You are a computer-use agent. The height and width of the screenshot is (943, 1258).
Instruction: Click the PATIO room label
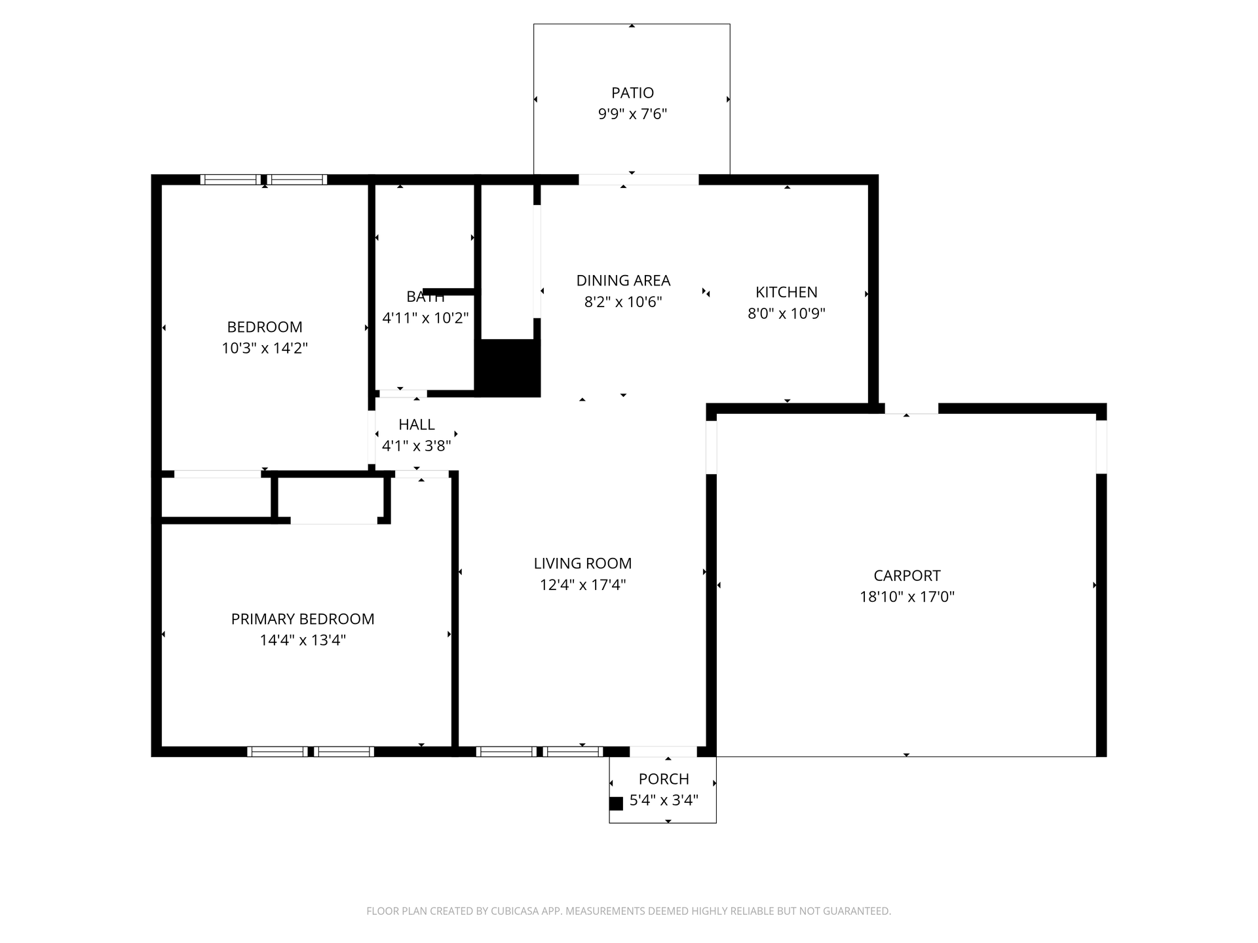(x=632, y=93)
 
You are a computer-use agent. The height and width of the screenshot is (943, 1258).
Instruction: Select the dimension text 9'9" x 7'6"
(x=632, y=114)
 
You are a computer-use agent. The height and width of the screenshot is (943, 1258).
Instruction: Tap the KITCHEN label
(x=786, y=292)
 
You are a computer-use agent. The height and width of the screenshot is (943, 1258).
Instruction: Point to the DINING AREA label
(x=623, y=280)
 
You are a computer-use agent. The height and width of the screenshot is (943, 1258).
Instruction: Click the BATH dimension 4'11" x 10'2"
(x=425, y=318)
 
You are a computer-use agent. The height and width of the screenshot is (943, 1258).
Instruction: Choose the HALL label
(x=417, y=424)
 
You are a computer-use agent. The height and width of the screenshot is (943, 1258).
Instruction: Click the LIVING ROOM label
(x=582, y=563)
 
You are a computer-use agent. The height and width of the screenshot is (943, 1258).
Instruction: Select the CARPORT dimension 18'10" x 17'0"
(x=907, y=597)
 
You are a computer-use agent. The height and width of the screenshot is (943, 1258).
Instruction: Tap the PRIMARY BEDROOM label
(x=303, y=619)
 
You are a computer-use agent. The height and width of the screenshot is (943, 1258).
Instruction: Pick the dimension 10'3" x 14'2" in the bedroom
(x=265, y=348)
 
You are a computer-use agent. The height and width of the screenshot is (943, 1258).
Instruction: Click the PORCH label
(x=664, y=779)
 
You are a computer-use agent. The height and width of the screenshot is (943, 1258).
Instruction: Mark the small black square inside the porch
(x=616, y=804)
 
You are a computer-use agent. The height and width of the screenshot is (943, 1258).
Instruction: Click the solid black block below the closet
(x=508, y=368)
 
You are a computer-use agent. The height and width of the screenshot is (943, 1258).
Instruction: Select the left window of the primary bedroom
(x=278, y=751)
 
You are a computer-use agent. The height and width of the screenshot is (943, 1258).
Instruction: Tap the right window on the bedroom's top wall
(x=297, y=179)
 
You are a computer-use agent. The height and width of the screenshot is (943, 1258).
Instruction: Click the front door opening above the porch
(x=662, y=751)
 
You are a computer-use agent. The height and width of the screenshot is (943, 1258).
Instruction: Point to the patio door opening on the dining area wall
(x=638, y=179)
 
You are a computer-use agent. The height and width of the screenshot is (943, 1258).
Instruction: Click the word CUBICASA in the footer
(x=517, y=911)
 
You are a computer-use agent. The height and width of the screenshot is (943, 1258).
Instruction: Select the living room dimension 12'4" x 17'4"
(x=582, y=585)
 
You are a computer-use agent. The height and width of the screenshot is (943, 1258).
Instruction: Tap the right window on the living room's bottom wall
(x=573, y=751)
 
